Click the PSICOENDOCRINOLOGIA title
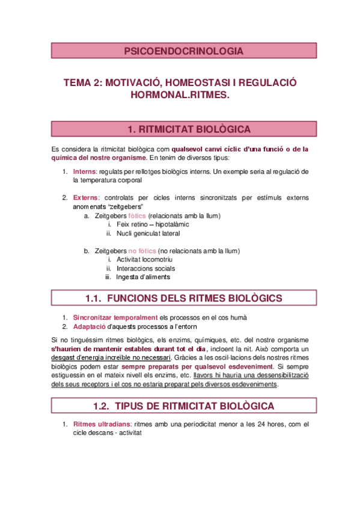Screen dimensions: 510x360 tap(183, 51)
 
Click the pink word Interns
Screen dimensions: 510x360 tap(85, 171)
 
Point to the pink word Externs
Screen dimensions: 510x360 tap(87, 197)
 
